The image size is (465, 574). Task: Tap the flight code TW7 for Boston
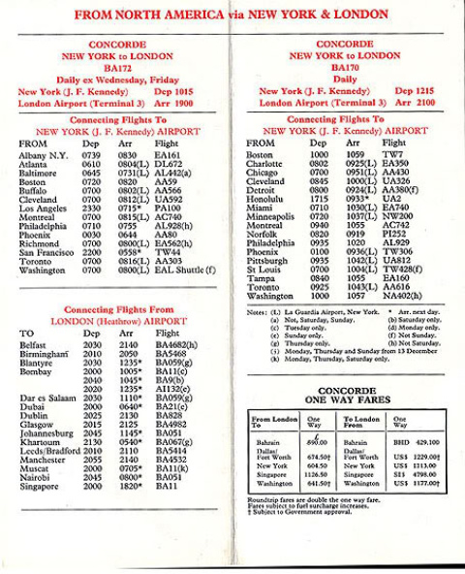[392, 154]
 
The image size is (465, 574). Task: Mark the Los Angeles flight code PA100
[168, 207]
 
